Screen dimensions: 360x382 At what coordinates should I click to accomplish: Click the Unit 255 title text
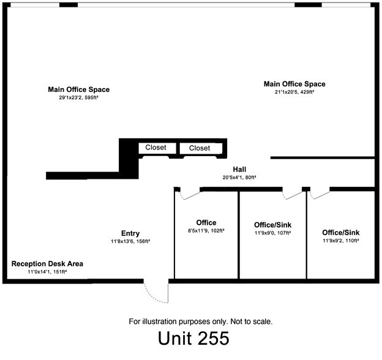193,339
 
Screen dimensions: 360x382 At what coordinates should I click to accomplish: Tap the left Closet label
156,148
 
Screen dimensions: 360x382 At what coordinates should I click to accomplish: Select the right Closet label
200,148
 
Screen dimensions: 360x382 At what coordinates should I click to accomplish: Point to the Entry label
130,233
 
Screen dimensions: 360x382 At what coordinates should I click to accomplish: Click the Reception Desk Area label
47,264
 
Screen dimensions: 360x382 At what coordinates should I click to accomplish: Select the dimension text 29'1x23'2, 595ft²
79,97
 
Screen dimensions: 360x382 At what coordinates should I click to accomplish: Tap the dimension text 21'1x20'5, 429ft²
294,92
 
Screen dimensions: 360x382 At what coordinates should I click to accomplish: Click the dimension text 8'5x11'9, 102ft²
206,231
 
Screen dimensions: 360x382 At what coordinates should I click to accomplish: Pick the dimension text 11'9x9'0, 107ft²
272,233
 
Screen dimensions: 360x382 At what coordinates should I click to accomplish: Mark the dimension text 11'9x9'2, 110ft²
340,241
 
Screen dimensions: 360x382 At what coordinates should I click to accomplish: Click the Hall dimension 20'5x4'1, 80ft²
239,177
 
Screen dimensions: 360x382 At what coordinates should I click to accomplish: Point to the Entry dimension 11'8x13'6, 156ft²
130,241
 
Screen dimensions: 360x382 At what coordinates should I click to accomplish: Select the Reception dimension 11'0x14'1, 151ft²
47,271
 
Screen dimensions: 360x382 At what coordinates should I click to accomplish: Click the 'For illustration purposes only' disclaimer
200,321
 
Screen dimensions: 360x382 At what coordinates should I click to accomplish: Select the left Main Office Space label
79,89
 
